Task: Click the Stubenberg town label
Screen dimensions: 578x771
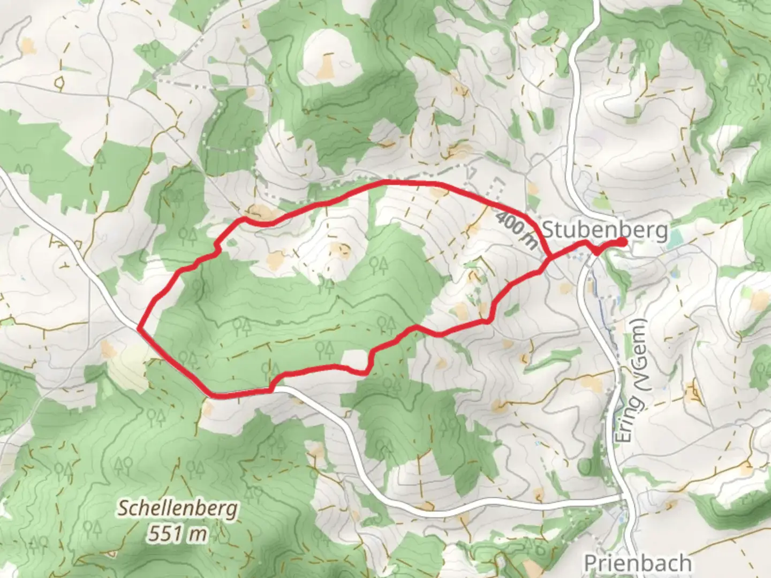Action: [x=605, y=230]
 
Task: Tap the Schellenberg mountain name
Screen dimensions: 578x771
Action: [x=177, y=508]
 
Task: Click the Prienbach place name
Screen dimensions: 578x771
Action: [x=637, y=563]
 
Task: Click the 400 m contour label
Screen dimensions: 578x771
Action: [x=517, y=230]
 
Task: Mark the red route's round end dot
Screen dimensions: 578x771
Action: [x=622, y=242]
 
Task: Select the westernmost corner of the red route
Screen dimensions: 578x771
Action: [x=140, y=328]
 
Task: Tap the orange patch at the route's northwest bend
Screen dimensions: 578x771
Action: [x=261, y=213]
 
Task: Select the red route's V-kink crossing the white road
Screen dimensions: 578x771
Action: [x=596, y=249]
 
